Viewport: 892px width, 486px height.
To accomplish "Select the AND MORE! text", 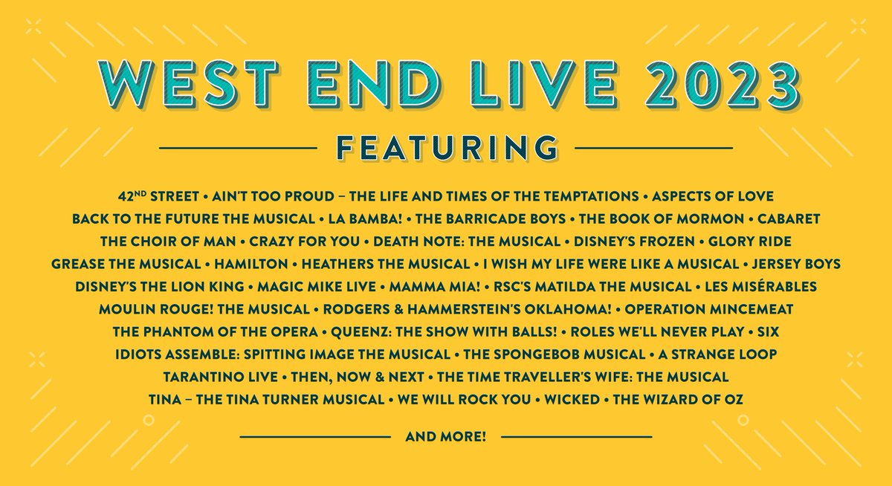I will pos(446,436).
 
